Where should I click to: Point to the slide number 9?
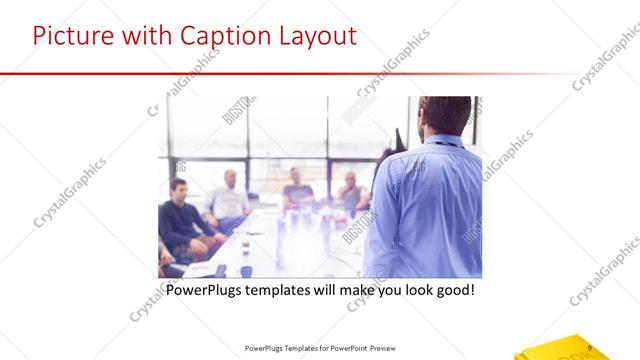tap(591, 347)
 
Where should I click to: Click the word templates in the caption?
tap(286, 291)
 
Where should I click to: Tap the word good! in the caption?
tap(452, 291)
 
